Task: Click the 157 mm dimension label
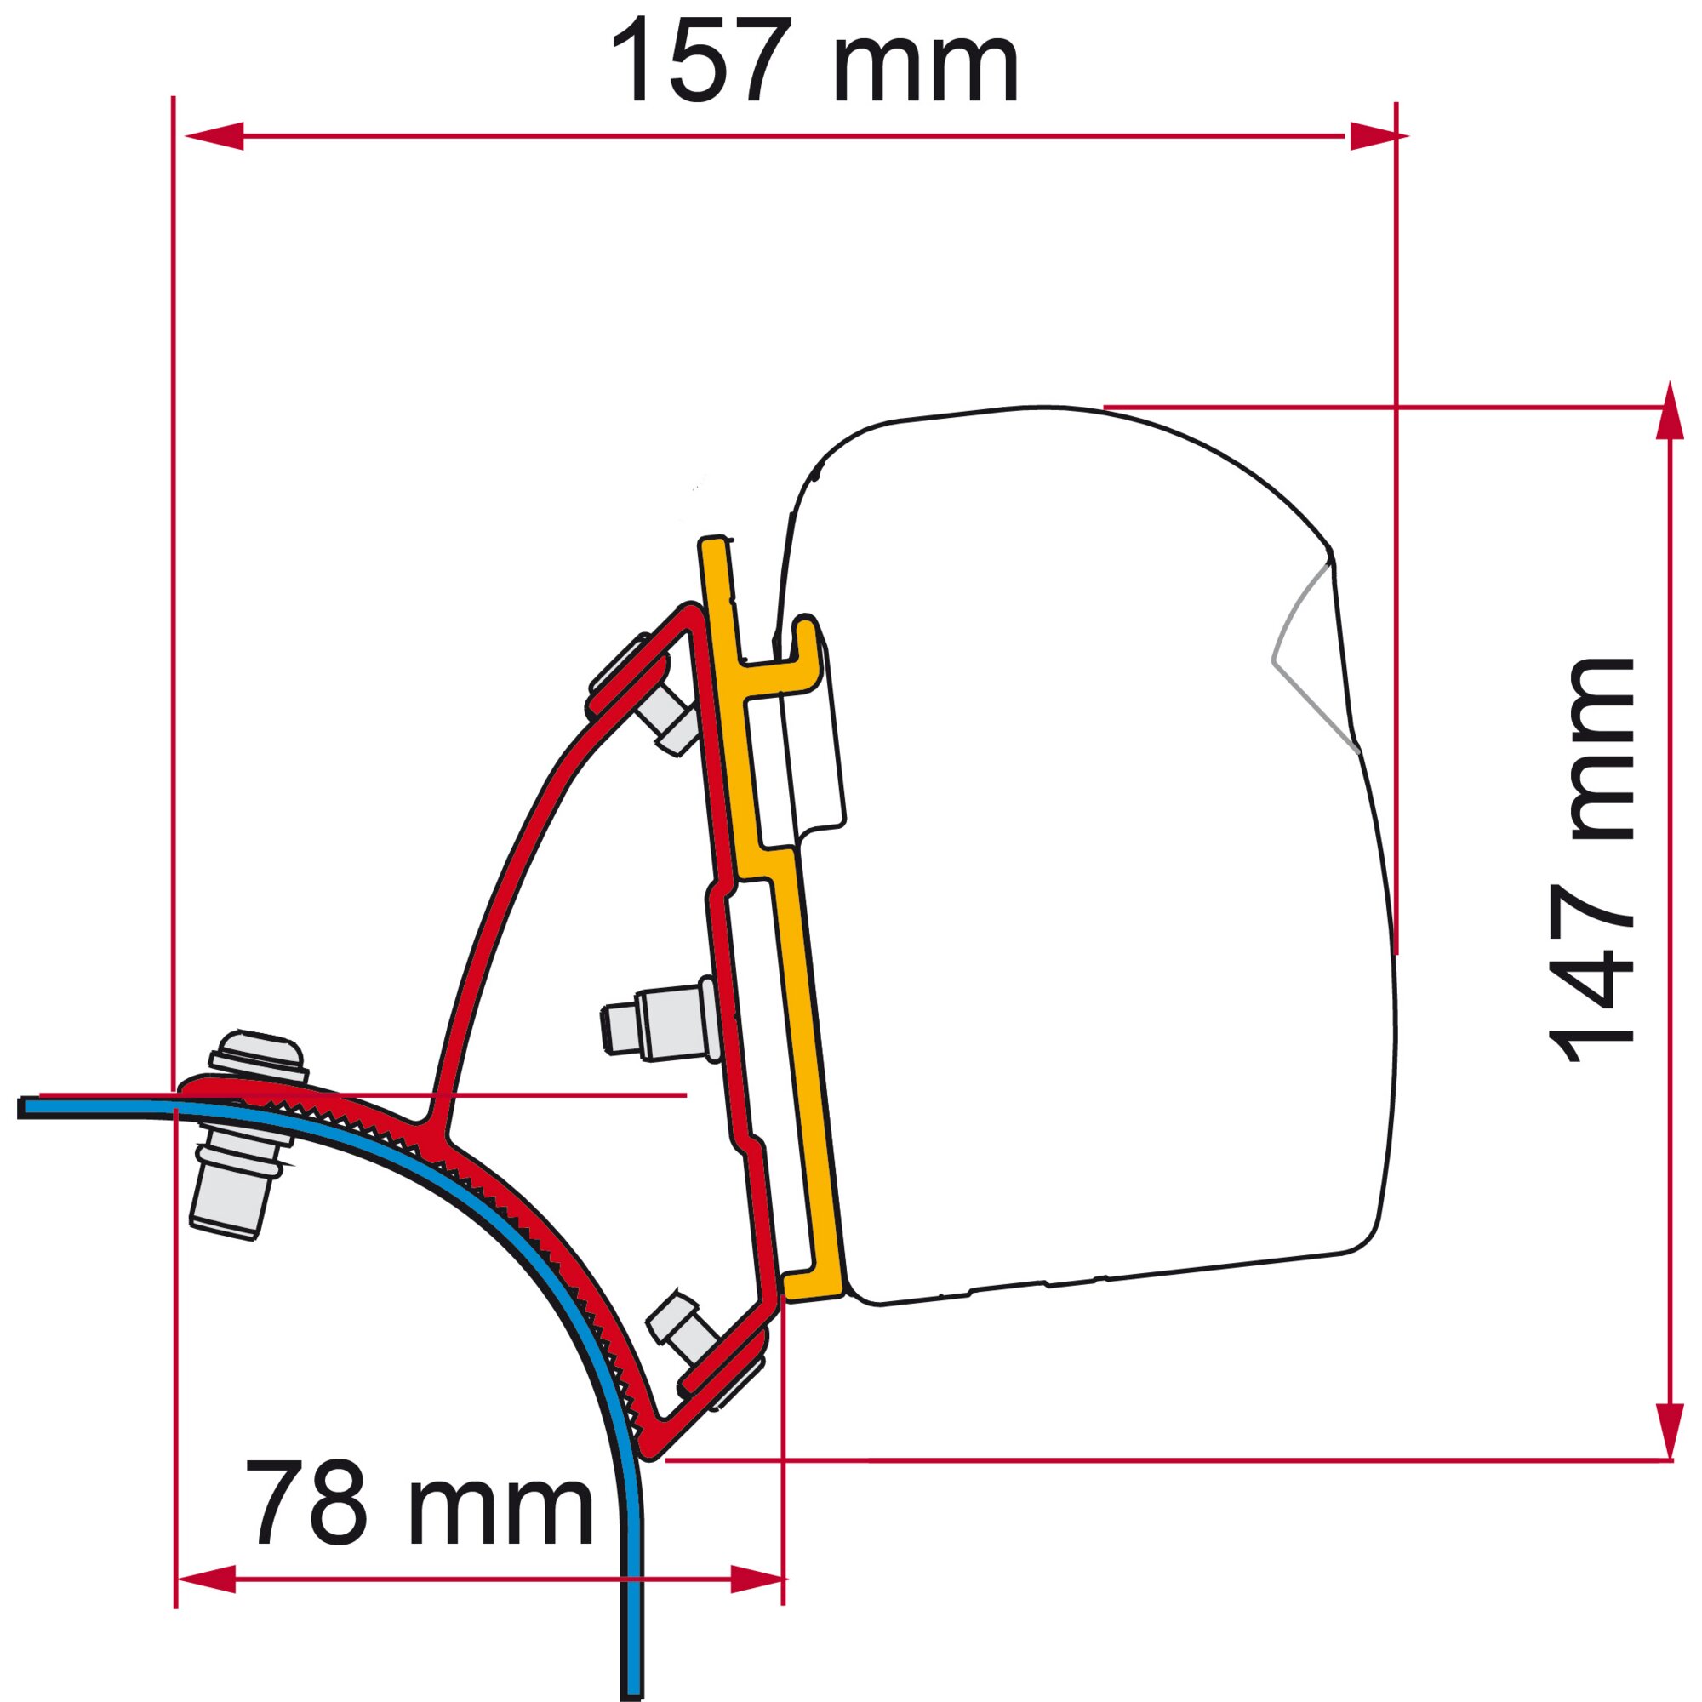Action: (x=815, y=60)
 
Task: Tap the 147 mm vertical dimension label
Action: (x=1591, y=861)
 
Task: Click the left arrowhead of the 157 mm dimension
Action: (x=214, y=135)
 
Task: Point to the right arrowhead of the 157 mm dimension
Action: (x=1378, y=135)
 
